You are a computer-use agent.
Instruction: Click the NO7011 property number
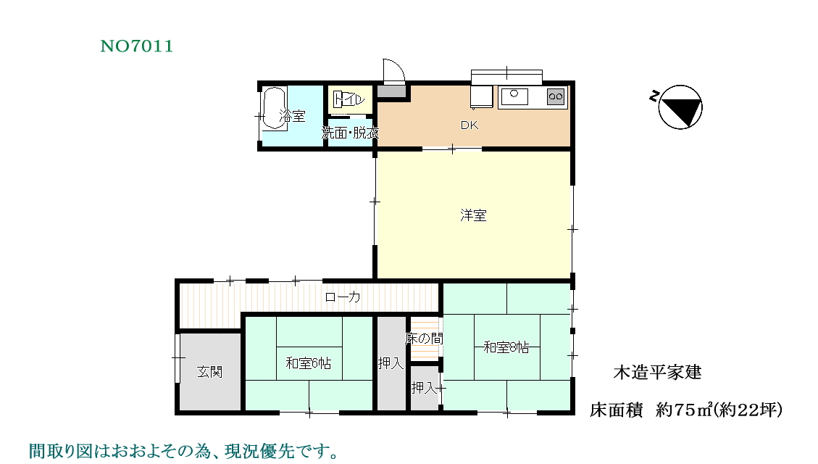point(137,46)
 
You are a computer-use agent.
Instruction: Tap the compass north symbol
point(680,107)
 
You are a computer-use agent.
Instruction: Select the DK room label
point(469,125)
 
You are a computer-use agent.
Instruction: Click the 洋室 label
point(473,215)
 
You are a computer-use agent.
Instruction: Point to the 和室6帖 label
point(309,362)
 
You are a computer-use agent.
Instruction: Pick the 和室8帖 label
point(506,347)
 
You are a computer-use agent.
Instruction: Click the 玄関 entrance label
point(209,372)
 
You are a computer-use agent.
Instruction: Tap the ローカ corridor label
point(342,297)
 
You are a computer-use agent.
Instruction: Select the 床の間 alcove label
point(424,339)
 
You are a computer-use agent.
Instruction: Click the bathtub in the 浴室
point(274,108)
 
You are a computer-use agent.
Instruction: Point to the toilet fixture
point(349,99)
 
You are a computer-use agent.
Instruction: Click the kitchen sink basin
point(514,96)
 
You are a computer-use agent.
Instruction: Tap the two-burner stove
point(556,96)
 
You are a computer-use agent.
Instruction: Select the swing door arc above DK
point(394,71)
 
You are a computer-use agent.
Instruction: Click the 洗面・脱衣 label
point(350,133)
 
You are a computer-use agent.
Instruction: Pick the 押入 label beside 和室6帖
point(391,362)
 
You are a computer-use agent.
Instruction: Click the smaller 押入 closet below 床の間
point(425,387)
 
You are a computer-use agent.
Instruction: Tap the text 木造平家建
point(657,372)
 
